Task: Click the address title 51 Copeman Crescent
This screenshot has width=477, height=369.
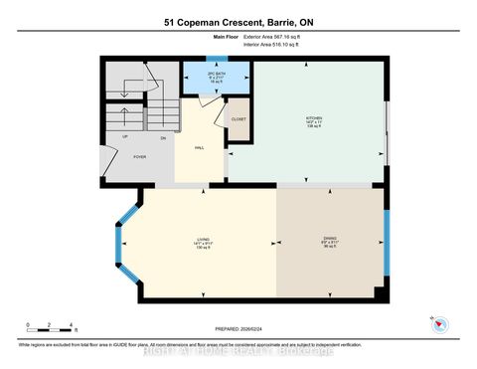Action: tap(238, 21)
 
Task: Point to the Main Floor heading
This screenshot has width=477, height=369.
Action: tap(227, 36)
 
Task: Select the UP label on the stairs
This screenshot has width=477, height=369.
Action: tap(124, 136)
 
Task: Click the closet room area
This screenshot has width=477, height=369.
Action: tap(238, 123)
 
